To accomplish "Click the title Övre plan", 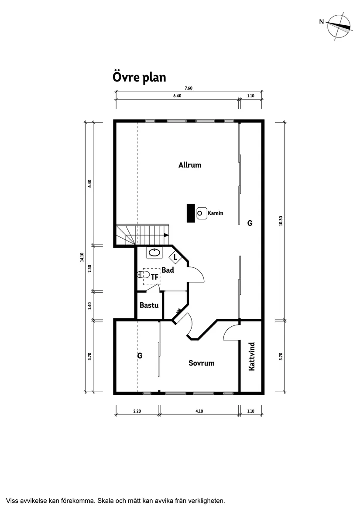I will (x=139, y=77).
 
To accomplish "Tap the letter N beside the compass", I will (x=321, y=22).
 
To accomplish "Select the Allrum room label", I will (x=190, y=165).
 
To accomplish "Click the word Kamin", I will (x=215, y=213).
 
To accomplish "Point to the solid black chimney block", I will (x=191, y=213).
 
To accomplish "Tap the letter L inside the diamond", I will (x=175, y=257).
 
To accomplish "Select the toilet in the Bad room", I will (x=143, y=275).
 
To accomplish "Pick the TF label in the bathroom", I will (x=154, y=277).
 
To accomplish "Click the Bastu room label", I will (x=149, y=305).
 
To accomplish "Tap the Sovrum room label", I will (x=201, y=363).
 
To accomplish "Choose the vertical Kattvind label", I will (x=251, y=356).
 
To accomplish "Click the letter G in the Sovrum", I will (x=140, y=356).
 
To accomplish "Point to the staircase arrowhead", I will (x=166, y=235).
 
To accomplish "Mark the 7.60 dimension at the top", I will (x=189, y=88).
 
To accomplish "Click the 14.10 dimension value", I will (x=82, y=257).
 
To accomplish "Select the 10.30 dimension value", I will (x=281, y=221).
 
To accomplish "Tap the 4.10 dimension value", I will (x=199, y=411).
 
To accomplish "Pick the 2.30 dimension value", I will (x=89, y=269).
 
